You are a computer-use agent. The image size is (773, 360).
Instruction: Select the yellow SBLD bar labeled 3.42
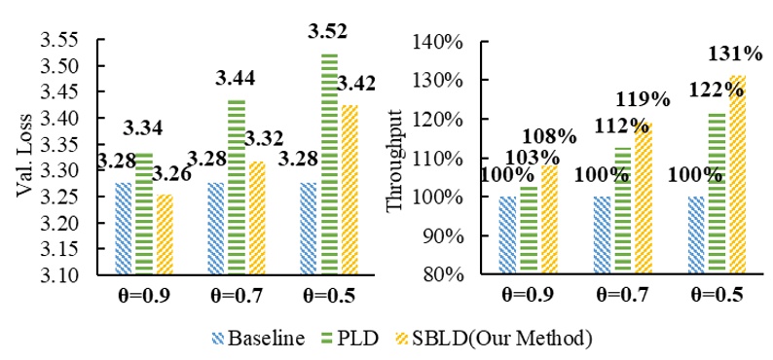tap(349, 190)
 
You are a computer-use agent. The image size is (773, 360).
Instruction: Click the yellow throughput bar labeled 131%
tap(737, 175)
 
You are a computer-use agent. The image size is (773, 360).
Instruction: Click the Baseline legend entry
tap(259, 339)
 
